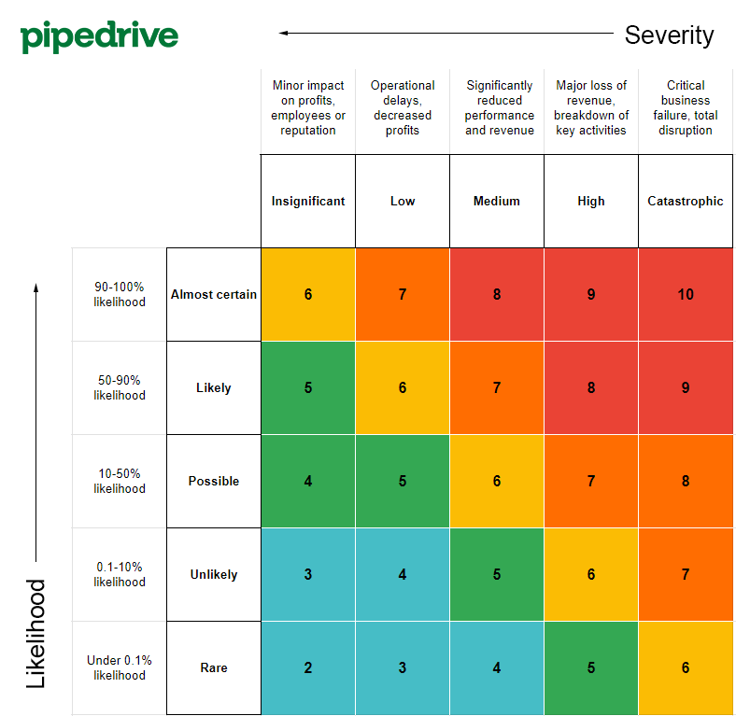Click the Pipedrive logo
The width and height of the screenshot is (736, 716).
(x=99, y=36)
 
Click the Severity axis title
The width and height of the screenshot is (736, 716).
(x=669, y=35)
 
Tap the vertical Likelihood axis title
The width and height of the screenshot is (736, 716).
(x=35, y=634)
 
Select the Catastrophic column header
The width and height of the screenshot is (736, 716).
(x=686, y=201)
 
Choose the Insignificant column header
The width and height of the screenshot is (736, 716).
(x=308, y=201)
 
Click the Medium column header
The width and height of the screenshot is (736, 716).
(x=497, y=201)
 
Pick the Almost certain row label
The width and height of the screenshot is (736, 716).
(x=214, y=294)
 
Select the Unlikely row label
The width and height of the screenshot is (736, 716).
(x=214, y=574)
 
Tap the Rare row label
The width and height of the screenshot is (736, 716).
(x=214, y=667)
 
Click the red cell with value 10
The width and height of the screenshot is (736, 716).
(x=686, y=294)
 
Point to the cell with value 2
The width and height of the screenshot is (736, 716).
(x=308, y=667)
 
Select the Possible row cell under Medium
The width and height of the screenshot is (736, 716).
(x=497, y=481)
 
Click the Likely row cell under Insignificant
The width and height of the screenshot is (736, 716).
(x=308, y=387)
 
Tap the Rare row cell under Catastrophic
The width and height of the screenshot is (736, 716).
(x=686, y=667)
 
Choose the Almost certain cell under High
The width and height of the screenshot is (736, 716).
(x=591, y=294)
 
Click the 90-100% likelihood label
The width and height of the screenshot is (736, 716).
(x=120, y=294)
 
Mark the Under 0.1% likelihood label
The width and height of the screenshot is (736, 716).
(x=120, y=667)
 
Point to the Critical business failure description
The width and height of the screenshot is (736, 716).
(x=686, y=107)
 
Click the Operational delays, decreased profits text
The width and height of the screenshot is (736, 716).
(x=403, y=107)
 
